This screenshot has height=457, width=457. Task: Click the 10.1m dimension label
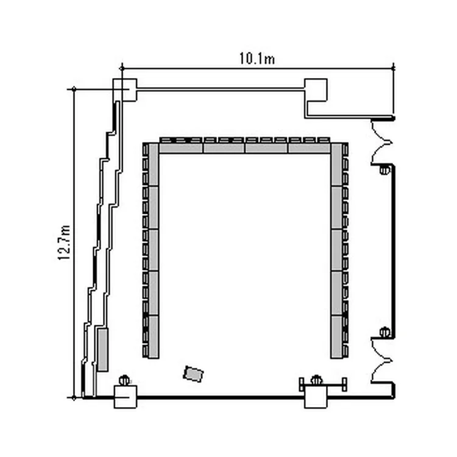[x=257, y=58]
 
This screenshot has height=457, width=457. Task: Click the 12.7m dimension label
[x=64, y=243]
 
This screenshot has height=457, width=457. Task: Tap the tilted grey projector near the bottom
[x=194, y=374]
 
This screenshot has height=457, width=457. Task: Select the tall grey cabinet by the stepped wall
[x=102, y=350]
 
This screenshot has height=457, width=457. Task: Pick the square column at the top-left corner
[x=125, y=90]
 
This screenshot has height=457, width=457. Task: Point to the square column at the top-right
[x=316, y=90]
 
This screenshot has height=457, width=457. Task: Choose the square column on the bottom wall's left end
[x=126, y=397]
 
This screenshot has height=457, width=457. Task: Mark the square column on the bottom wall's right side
[x=316, y=397]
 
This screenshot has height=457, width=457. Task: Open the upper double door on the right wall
[x=381, y=142]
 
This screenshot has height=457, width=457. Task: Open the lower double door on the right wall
[x=381, y=360]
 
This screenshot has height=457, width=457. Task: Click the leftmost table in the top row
[x=181, y=148]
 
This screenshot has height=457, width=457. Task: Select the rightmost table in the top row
[x=309, y=148]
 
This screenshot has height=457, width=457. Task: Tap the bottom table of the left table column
[x=154, y=336]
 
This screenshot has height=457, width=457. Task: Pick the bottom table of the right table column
[x=336, y=336]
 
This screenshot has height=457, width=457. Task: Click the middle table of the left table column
[x=154, y=250]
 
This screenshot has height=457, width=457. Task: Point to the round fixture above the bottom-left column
[x=124, y=380]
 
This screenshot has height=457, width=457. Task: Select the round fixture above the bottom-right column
[x=316, y=380]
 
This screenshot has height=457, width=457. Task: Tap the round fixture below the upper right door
[x=384, y=169]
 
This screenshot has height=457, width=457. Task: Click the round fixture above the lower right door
[x=384, y=332]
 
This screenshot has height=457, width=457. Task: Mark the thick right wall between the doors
[x=394, y=251]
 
